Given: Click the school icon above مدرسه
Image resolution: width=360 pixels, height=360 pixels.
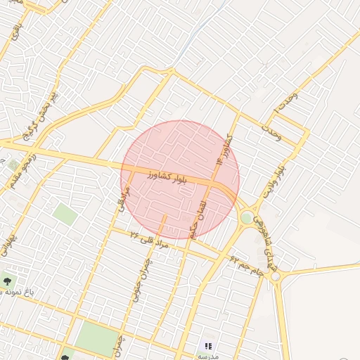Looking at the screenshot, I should pyautogui.click(x=208, y=345).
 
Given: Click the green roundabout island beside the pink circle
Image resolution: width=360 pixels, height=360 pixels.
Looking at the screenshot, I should pyautogui.click(x=247, y=218).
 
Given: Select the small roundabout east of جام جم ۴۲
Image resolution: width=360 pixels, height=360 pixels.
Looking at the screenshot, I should pyautogui.click(x=275, y=277).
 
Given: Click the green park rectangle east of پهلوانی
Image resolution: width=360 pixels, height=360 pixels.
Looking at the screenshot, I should pyautogui.click(x=65, y=214).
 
